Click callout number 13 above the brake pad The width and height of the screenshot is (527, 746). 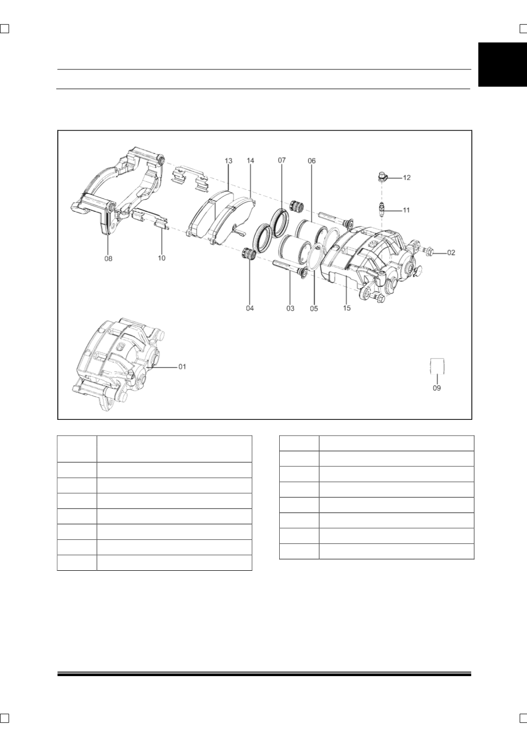pyautogui.click(x=228, y=161)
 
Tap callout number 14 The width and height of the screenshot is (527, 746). pyautogui.click(x=250, y=161)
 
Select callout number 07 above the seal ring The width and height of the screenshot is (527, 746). pyautogui.click(x=282, y=161)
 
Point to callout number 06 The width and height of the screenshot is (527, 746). pyautogui.click(x=312, y=161)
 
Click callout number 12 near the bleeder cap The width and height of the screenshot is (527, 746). pyautogui.click(x=407, y=178)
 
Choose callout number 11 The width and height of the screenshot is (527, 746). pyautogui.click(x=406, y=210)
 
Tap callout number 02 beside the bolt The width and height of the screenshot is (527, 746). pyautogui.click(x=451, y=253)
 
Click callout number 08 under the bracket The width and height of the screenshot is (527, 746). pyautogui.click(x=108, y=258)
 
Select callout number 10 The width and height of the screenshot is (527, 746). pyautogui.click(x=162, y=258)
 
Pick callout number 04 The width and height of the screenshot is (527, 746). pyautogui.click(x=250, y=308)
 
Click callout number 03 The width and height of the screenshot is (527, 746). pyautogui.click(x=290, y=309)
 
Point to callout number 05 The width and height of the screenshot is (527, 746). pyautogui.click(x=314, y=309)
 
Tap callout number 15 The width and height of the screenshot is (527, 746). pyautogui.click(x=347, y=308)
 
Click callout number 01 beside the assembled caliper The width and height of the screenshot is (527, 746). pyautogui.click(x=182, y=367)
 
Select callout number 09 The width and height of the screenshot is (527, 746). pyautogui.click(x=437, y=388)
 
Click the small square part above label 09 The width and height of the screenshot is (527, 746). pyautogui.click(x=437, y=366)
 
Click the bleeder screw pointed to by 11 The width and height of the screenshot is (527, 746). pyautogui.click(x=382, y=210)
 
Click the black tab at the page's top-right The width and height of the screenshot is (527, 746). pyautogui.click(x=503, y=65)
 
